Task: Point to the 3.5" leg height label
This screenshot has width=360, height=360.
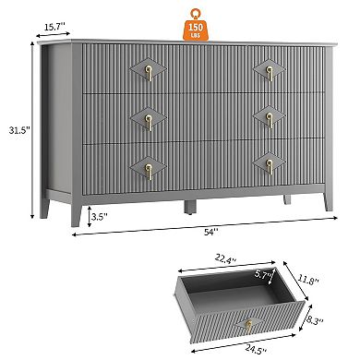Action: point(98,219)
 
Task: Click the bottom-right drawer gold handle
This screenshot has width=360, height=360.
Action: point(270,167)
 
